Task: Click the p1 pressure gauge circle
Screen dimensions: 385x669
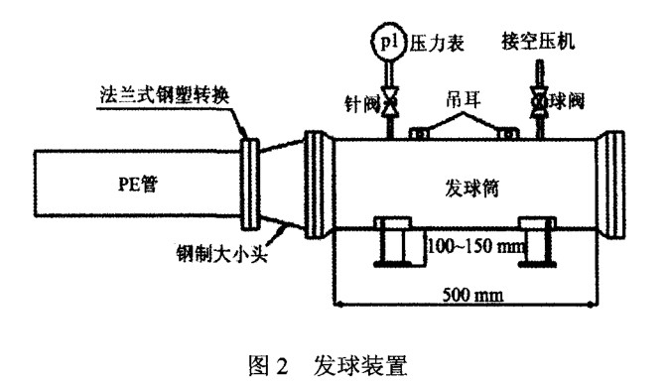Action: (x=387, y=42)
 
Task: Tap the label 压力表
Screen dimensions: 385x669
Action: (x=433, y=44)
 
